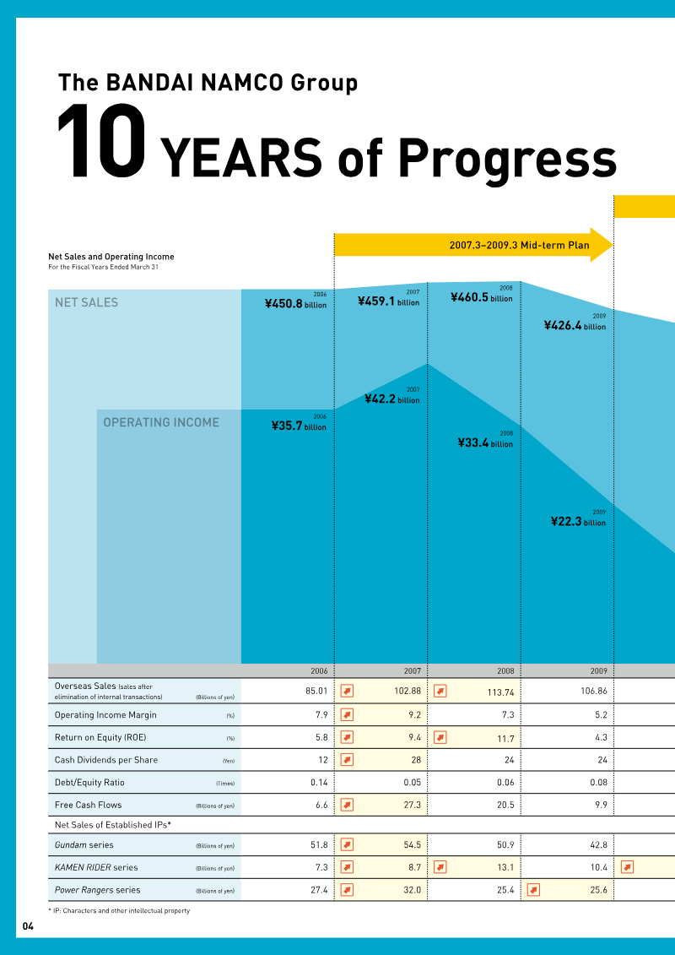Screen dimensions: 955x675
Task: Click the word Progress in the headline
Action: pyautogui.click(x=506, y=156)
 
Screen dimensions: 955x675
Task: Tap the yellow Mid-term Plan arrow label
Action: pyautogui.click(x=518, y=245)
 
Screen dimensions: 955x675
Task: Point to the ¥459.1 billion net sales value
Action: pyautogui.click(x=388, y=301)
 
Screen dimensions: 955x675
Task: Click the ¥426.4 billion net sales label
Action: pyautogui.click(x=575, y=325)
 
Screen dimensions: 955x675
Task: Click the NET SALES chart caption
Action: pyautogui.click(x=86, y=302)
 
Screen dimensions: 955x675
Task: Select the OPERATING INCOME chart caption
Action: pyautogui.click(x=160, y=422)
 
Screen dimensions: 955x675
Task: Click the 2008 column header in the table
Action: pyautogui.click(x=505, y=670)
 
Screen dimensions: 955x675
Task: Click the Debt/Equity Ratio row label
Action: pyautogui.click(x=89, y=783)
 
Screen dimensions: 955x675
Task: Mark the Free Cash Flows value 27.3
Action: pyautogui.click(x=411, y=806)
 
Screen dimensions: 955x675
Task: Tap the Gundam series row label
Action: pyautogui.click(x=84, y=844)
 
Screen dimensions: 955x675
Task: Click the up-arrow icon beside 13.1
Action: pyautogui.click(x=440, y=867)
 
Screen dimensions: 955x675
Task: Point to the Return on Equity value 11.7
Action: pyautogui.click(x=503, y=738)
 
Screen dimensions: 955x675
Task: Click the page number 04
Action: pyautogui.click(x=28, y=926)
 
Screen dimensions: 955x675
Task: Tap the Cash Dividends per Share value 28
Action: pyautogui.click(x=415, y=760)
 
